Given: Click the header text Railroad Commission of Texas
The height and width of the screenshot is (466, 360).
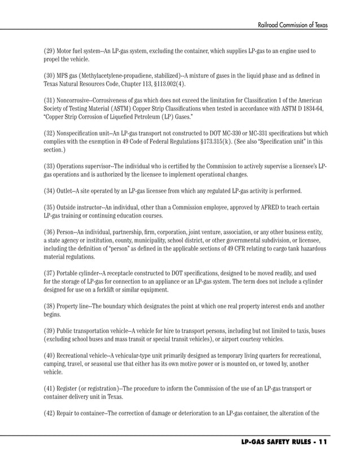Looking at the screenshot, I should click(292, 25).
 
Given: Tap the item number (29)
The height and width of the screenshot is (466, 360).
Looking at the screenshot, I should click(50, 51).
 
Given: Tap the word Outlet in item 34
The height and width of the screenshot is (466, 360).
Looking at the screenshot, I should click(67, 190).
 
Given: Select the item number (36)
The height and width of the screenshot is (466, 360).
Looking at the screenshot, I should click(50, 232).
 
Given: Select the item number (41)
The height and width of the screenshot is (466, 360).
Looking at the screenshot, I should click(50, 388).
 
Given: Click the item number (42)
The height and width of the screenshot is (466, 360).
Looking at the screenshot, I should click(50, 413).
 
